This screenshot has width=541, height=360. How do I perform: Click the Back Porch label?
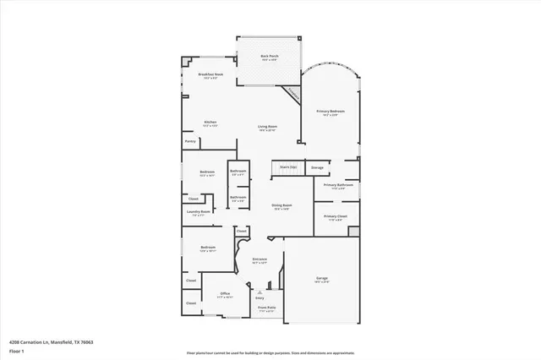270,57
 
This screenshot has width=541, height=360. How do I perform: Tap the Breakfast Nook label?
210,74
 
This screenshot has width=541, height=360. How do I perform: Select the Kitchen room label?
210,123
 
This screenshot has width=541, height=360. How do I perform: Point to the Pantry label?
190,141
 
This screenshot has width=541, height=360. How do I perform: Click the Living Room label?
268,127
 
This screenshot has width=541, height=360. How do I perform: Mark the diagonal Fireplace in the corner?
292,94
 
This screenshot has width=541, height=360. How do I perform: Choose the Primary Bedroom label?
331,112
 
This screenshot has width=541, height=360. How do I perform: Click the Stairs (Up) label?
288,167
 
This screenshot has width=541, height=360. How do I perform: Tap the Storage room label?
317,167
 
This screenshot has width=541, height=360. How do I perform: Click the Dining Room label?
281,205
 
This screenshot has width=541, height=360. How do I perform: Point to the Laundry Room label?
199,212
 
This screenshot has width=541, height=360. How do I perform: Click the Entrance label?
260,259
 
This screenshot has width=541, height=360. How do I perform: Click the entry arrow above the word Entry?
260,290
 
